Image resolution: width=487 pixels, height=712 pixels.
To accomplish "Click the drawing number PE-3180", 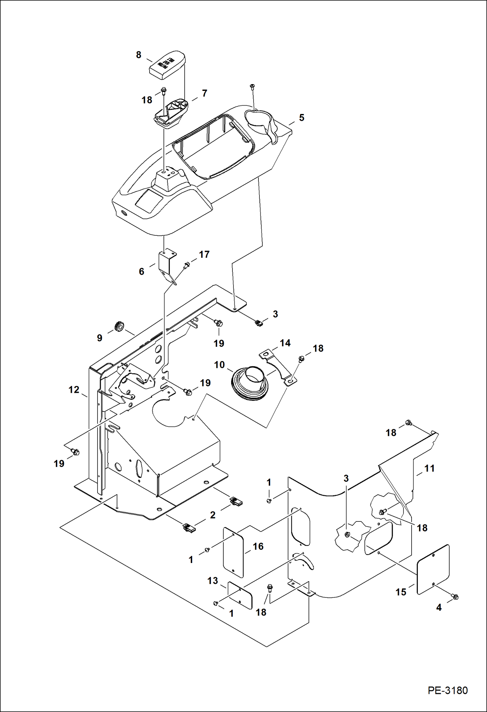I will tap(447, 690).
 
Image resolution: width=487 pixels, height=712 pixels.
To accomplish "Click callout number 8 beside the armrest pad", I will tap(138, 55).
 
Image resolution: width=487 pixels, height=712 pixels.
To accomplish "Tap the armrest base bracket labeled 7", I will tap(171, 114).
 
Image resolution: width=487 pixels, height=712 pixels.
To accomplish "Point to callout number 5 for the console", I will tap(301, 118).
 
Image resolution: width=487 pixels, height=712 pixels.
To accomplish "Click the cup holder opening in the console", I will tap(258, 121).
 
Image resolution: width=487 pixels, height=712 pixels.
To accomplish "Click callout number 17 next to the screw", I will tap(204, 254).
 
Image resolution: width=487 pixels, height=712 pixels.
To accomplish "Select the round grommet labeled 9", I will tap(119, 326).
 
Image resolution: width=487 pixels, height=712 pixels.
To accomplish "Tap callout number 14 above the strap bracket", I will tap(285, 343).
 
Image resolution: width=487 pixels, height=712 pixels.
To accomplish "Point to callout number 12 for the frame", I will tap(74, 390).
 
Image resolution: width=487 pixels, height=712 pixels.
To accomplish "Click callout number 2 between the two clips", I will tap(213, 515).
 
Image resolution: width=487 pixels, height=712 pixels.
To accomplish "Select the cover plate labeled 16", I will tap(233, 552).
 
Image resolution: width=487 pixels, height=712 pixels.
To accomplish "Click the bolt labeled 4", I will tap(455, 596).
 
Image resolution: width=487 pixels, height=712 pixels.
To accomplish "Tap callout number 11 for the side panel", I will tap(429, 468).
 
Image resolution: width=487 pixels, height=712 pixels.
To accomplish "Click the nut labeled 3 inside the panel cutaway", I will tap(347, 534).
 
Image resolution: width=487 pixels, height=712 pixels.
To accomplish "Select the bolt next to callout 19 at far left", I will tap(75, 451).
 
